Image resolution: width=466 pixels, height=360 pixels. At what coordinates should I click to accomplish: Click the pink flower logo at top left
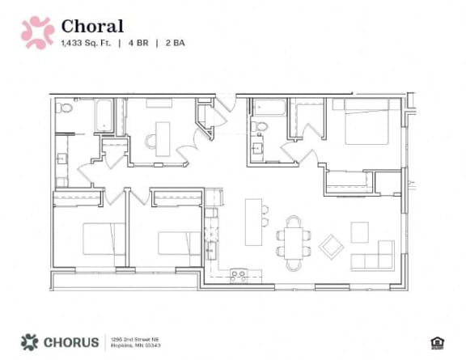tap(37, 32)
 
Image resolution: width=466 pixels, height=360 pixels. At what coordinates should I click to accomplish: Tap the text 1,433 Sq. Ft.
tap(83, 43)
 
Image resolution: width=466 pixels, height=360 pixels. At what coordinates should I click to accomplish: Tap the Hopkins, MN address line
tap(130, 345)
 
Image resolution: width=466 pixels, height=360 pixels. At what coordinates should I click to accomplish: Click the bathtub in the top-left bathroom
tap(104, 115)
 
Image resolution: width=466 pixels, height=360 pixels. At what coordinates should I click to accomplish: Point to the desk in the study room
tap(163, 138)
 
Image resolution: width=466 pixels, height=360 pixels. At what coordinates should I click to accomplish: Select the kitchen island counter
tap(254, 222)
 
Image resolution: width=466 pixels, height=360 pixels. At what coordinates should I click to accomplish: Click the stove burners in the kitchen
tap(239, 275)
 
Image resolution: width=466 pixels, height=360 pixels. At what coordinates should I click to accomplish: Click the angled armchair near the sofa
tap(332, 245)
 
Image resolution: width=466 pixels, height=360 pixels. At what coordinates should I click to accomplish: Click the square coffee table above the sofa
tap(360, 231)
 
